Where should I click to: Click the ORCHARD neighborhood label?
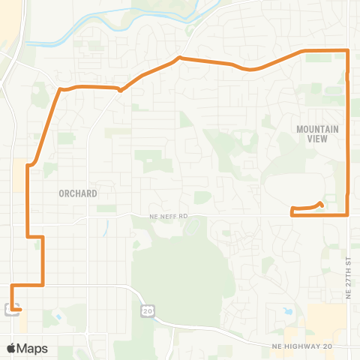click(78, 193)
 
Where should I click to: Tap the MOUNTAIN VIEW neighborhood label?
click(318, 133)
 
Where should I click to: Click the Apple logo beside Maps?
click(11, 348)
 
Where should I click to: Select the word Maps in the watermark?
click(32, 348)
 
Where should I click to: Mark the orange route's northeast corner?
click(348, 50)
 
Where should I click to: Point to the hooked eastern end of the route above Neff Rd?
click(321, 203)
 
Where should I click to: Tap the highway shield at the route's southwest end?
click(10, 309)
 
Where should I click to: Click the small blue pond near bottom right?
click(288, 310)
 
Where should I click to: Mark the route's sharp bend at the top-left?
click(60, 90)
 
